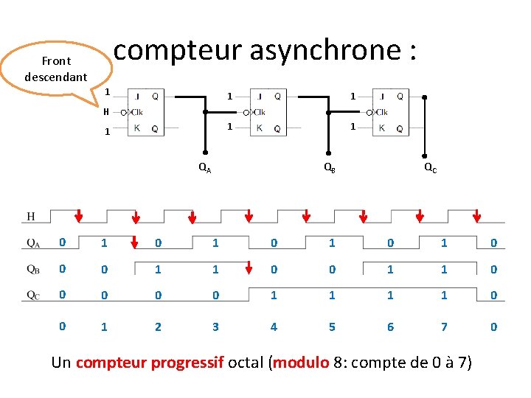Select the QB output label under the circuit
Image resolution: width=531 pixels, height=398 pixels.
pos(330,168)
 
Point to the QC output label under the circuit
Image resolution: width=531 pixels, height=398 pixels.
pos(430,168)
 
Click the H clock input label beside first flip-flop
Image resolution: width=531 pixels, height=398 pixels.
pos(106,112)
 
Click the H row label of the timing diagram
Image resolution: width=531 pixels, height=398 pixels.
pos(31,216)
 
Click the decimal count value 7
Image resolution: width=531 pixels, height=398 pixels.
pos(444,327)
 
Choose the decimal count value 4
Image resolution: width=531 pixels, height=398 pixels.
pos(274,327)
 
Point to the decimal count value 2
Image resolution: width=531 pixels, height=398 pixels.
pos(158,327)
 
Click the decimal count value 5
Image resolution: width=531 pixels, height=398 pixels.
pos(332,327)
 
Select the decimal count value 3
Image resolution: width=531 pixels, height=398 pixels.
pos(215,327)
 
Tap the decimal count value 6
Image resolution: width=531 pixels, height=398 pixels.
pos(391,327)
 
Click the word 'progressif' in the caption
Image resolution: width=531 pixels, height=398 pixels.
pos(187,363)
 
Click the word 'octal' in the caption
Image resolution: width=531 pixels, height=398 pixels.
pos(248,363)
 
